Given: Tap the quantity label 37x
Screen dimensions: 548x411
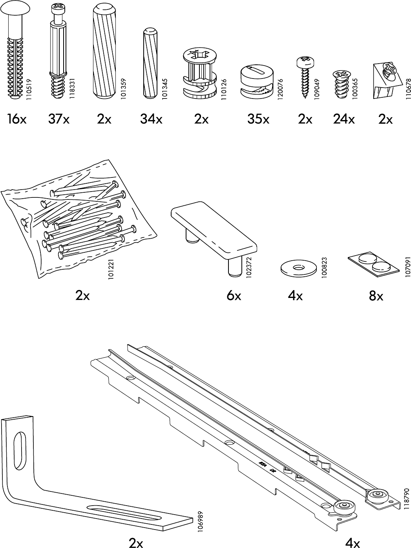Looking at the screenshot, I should (59, 119).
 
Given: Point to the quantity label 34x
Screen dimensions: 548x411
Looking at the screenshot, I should (151, 119).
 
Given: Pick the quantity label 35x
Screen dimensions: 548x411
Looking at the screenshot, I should (258, 119).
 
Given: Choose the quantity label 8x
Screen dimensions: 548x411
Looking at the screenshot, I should (376, 296).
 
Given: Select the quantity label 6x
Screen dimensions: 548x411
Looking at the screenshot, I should (234, 296).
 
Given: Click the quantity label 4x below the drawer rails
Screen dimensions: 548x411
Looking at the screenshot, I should (352, 543).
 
